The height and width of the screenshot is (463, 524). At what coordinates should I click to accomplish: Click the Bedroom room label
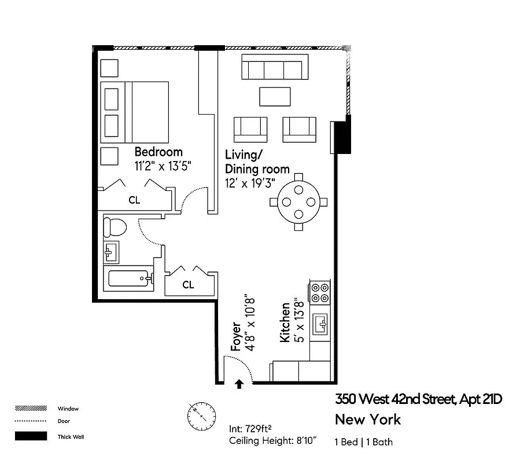click(x=158, y=152)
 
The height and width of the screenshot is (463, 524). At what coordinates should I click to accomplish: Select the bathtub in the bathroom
click(x=129, y=280)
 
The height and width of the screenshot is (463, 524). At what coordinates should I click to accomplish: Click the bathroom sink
click(x=111, y=252)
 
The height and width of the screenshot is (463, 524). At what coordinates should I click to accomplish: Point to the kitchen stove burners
click(x=320, y=293)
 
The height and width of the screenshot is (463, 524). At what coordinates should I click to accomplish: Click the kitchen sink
click(x=320, y=324)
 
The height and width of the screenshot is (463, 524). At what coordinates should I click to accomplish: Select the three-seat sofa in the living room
click(x=274, y=69)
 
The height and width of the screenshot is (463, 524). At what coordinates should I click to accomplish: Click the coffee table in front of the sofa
click(x=275, y=96)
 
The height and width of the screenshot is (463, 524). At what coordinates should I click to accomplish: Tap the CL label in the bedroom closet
click(x=134, y=200)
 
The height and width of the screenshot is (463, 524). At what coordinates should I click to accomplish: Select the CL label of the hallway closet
click(x=188, y=284)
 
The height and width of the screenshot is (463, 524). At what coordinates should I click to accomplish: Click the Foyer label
click(x=236, y=336)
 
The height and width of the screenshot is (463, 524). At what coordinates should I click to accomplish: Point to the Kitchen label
click(x=285, y=322)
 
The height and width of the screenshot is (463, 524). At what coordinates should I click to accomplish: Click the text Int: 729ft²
click(x=251, y=429)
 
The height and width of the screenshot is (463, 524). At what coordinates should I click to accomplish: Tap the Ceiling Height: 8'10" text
click(x=273, y=442)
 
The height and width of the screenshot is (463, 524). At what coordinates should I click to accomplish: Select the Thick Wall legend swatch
click(x=31, y=436)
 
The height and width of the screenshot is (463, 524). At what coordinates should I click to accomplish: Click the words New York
click(x=368, y=420)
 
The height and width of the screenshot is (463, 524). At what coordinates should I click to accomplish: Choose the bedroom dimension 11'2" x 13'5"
click(x=163, y=166)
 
